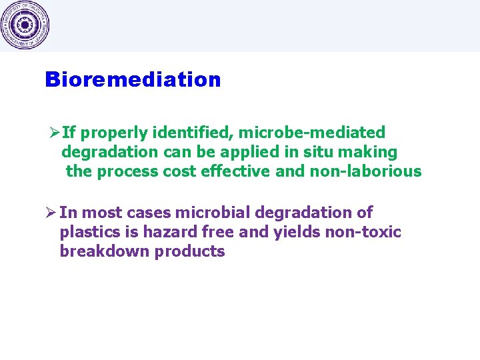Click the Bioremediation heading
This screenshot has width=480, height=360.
tap(133, 79)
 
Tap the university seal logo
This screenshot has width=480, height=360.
tap(25, 25)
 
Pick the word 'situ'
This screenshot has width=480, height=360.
tap(317, 152)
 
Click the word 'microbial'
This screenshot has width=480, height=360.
tap(211, 213)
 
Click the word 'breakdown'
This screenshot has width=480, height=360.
tap(105, 251)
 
